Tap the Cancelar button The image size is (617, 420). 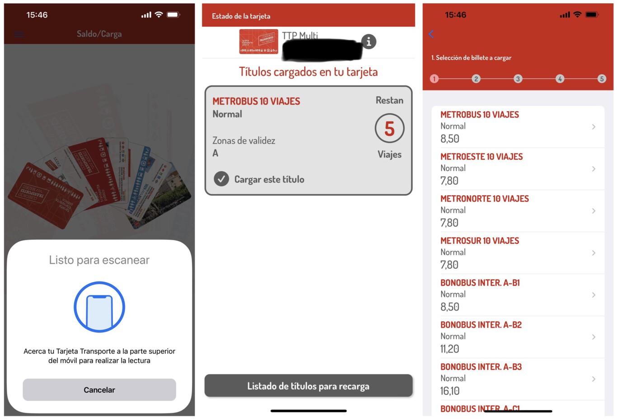(99, 390)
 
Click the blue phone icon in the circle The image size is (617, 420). (99, 307)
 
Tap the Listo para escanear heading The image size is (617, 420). (99, 260)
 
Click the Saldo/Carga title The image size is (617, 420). (99, 34)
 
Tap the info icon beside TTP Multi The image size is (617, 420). (369, 42)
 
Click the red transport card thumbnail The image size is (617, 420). (258, 42)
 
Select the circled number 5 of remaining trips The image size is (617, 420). (389, 129)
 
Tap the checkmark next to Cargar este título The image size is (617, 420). (221, 179)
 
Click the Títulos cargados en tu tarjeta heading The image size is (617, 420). (308, 72)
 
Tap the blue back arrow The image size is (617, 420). (431, 34)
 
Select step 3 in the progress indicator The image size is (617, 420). (518, 79)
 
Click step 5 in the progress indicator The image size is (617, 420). (601, 79)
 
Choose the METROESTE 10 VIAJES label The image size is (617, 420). (481, 157)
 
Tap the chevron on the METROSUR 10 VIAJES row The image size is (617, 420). (594, 253)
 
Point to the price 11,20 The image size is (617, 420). (449, 349)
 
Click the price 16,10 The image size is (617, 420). (450, 391)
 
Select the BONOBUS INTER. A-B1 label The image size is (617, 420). (480, 283)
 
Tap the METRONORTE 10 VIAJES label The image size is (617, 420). (484, 199)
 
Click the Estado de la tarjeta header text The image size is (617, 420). (241, 16)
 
